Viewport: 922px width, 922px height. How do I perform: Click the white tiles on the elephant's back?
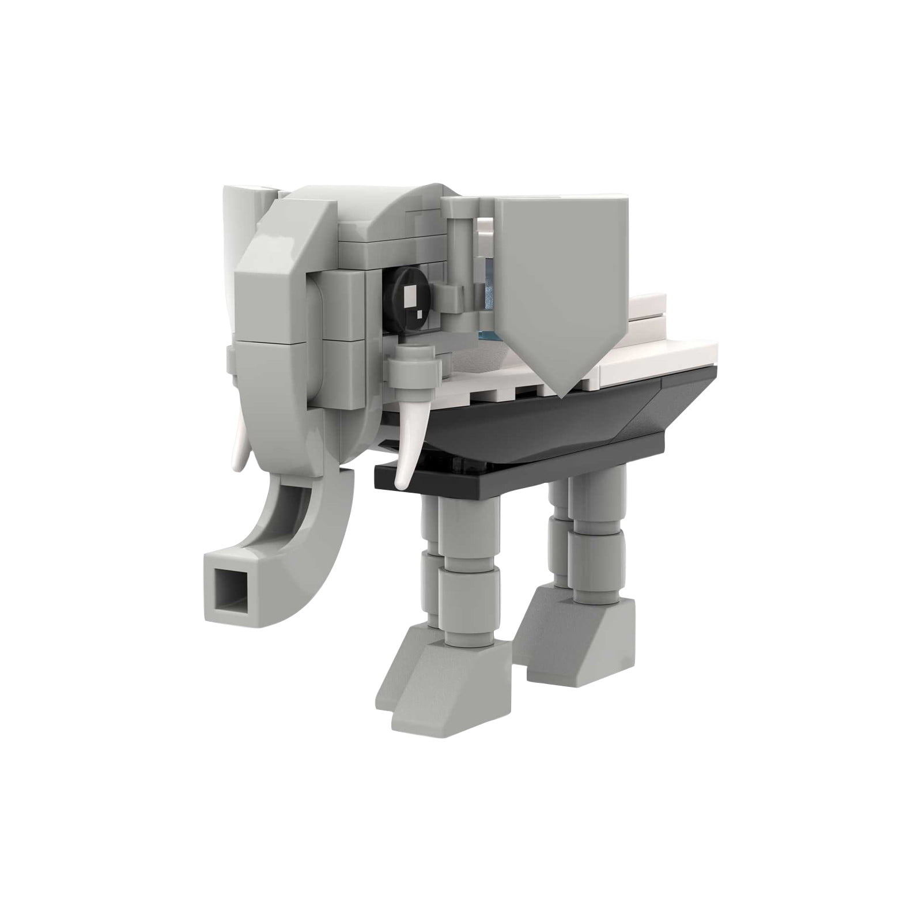click(x=663, y=346)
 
